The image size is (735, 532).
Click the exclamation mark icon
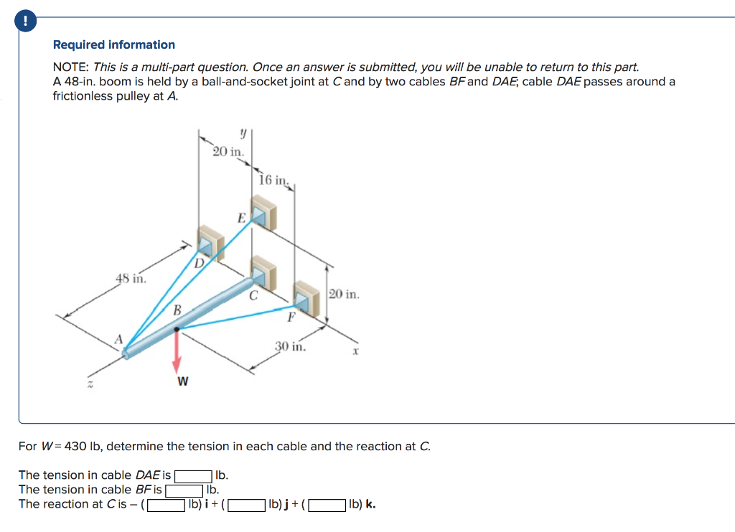pos(27,22)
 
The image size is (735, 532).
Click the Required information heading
pos(114,44)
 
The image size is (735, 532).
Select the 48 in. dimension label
pos(131,278)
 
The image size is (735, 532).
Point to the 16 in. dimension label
pos(274,180)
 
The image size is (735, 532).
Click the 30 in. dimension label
pos(291,347)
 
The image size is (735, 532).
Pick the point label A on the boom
pos(121,338)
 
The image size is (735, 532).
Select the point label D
pos(199,263)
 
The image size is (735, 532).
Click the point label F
pos(291,316)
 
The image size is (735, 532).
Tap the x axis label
pos(354,351)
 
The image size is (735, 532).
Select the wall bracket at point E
pos(263,213)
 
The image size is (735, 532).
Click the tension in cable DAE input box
pos(193,475)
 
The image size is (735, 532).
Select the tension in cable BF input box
pos(184,490)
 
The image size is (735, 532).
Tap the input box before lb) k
pos(327,504)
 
